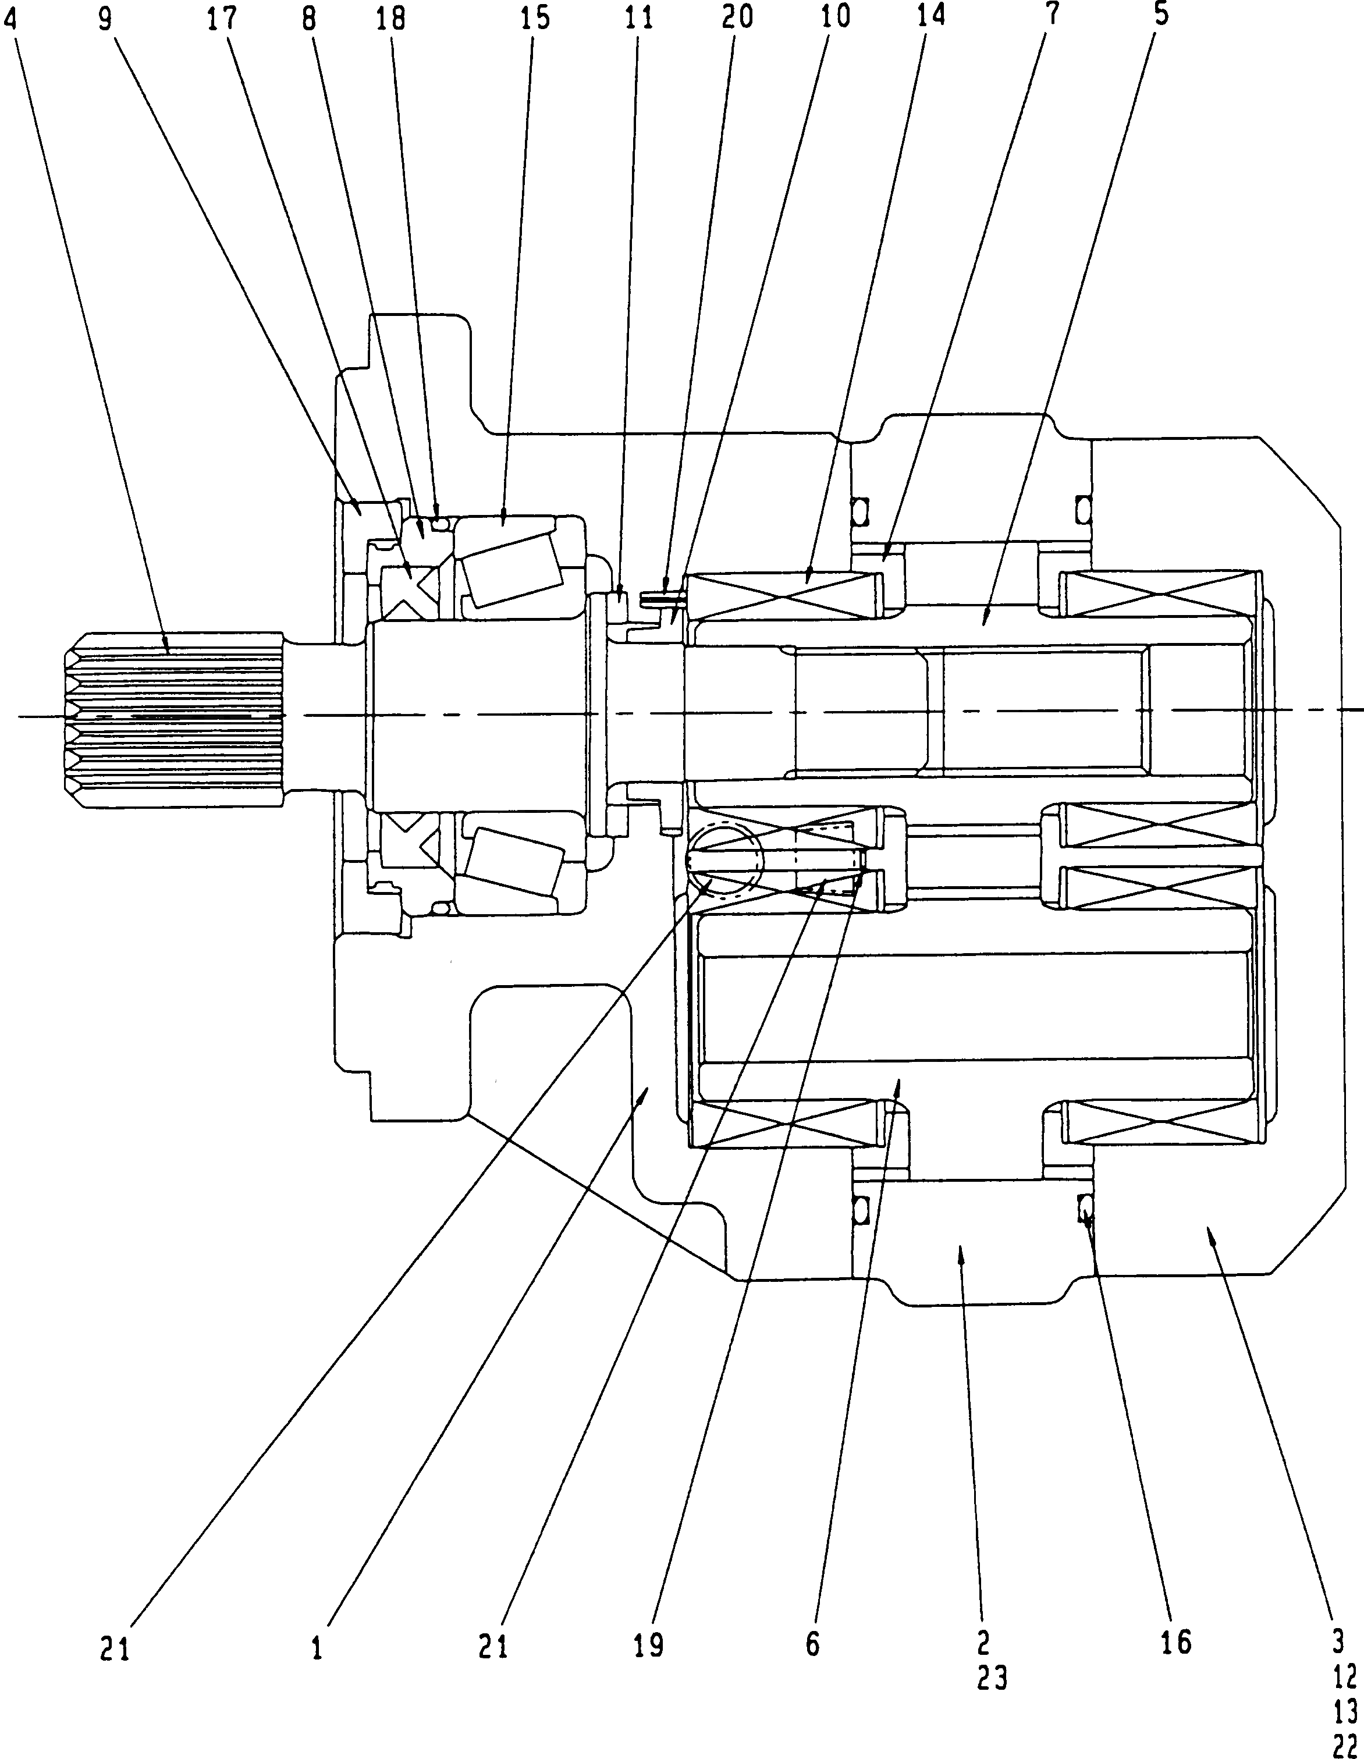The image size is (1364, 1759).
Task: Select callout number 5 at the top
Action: pos(1160,15)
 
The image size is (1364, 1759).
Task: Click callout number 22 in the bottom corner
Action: pos(1345,1745)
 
